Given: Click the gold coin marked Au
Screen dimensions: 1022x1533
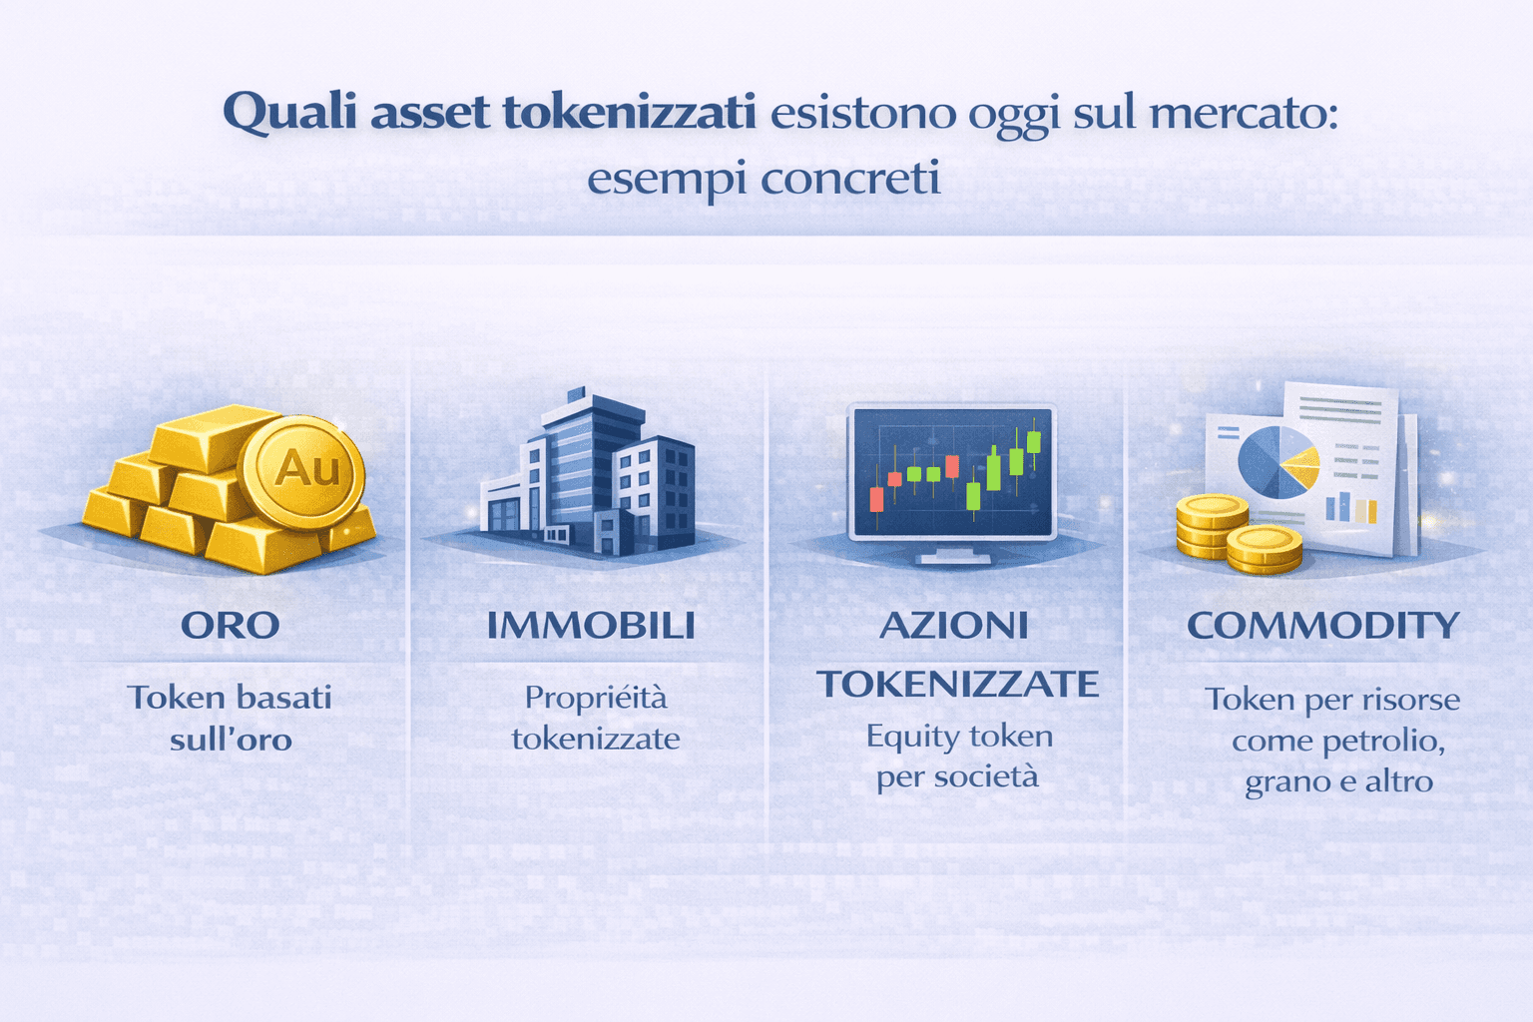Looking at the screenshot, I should [303, 469].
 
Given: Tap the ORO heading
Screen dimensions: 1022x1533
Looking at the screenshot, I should [231, 626].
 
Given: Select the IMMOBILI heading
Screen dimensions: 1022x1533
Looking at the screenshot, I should [591, 626].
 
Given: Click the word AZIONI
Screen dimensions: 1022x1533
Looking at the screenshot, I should [954, 626].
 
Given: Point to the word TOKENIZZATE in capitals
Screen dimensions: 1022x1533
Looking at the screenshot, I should [958, 685].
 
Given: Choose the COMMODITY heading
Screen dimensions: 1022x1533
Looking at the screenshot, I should [1323, 626].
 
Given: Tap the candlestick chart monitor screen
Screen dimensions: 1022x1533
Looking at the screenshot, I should [951, 471].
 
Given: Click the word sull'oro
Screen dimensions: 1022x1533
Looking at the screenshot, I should [231, 741].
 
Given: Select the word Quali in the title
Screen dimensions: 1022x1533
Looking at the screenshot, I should [289, 112].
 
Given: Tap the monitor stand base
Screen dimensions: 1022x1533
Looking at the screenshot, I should [950, 558].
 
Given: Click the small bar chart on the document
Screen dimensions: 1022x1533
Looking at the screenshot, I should [1351, 507].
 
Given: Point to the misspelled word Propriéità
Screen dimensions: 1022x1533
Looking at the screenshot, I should [596, 697].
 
